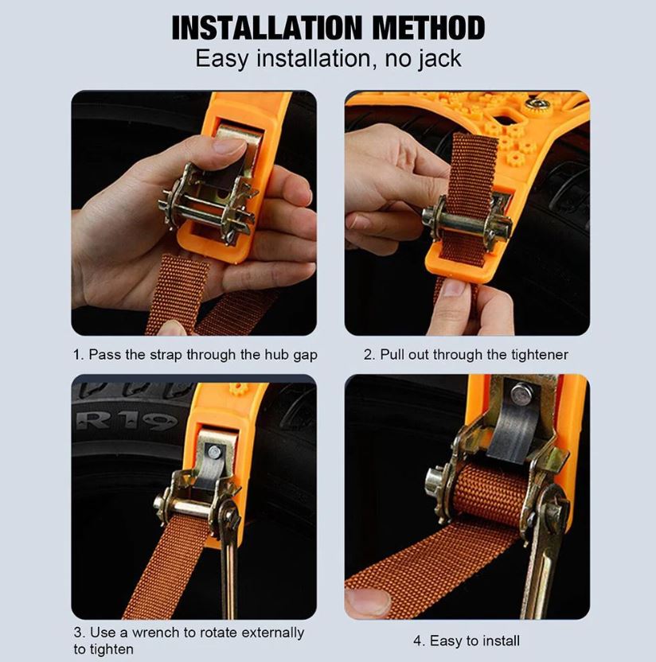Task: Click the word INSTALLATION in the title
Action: coord(267,28)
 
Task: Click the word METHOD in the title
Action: coord(428,28)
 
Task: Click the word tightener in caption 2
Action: coord(540,354)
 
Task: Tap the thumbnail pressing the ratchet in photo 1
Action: coord(229,146)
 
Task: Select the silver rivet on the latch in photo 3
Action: coord(214,452)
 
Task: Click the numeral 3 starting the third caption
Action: coord(78,633)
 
